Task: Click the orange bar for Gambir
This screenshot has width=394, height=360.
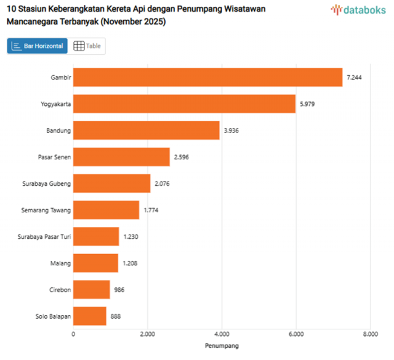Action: click(x=207, y=78)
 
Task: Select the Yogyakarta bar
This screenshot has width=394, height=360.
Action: click(x=184, y=104)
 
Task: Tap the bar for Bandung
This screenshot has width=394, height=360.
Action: click(x=147, y=130)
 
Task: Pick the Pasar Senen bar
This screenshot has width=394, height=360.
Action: click(x=121, y=157)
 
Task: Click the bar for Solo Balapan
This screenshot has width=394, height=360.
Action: click(x=90, y=316)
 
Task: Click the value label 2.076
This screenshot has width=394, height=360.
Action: click(x=163, y=183)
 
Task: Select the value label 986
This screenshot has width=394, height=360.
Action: click(x=119, y=289)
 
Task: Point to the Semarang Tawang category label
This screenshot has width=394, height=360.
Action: click(x=46, y=210)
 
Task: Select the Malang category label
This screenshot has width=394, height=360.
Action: click(x=60, y=263)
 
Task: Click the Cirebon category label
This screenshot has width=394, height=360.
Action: click(x=60, y=289)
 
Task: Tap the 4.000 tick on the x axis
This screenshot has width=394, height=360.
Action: click(x=222, y=335)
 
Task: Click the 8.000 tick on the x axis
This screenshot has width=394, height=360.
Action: click(x=370, y=335)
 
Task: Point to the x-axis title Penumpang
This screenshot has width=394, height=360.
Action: click(x=222, y=346)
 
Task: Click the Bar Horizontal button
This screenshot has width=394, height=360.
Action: click(x=38, y=46)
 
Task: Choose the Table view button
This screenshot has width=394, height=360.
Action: click(x=87, y=46)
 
